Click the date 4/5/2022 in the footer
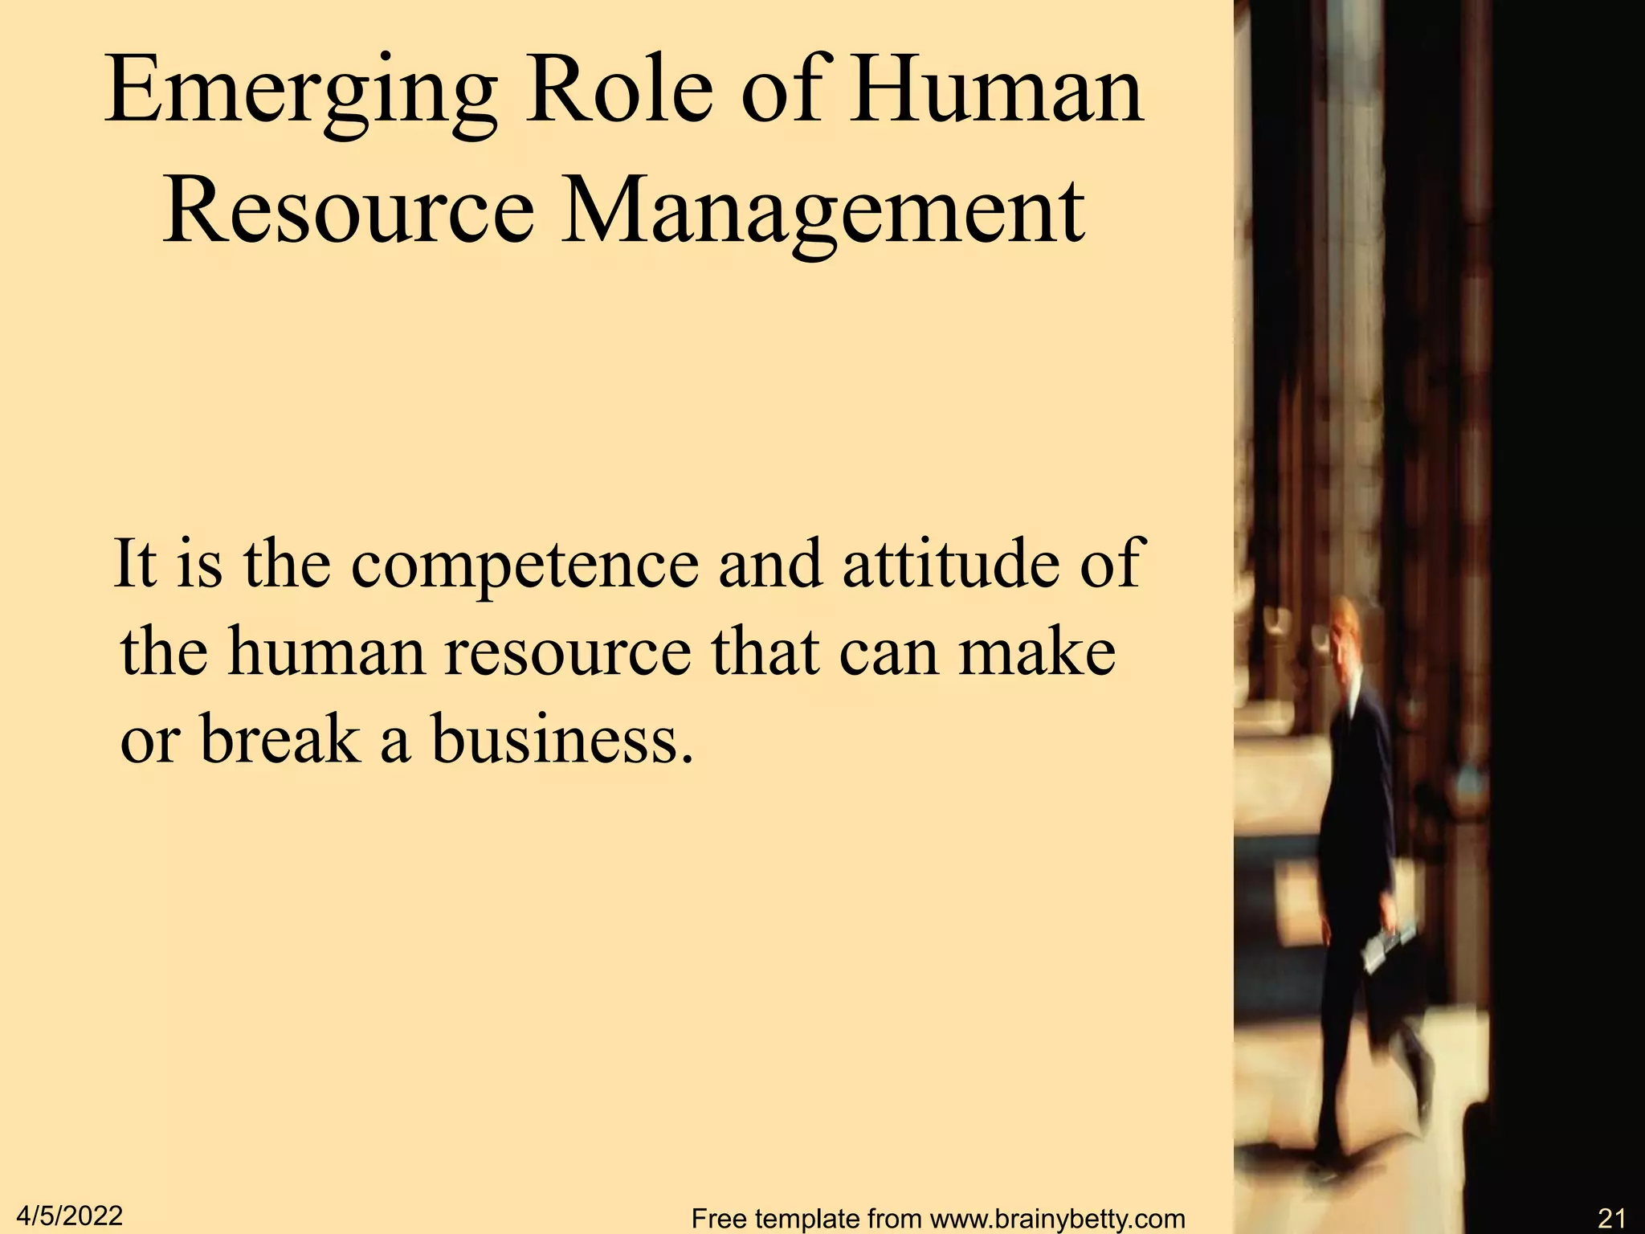[x=69, y=1216]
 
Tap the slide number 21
[x=1611, y=1219]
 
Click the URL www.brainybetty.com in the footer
[x=1057, y=1219]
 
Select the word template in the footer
[x=810, y=1219]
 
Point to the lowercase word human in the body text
[x=325, y=651]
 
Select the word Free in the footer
[x=720, y=1219]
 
